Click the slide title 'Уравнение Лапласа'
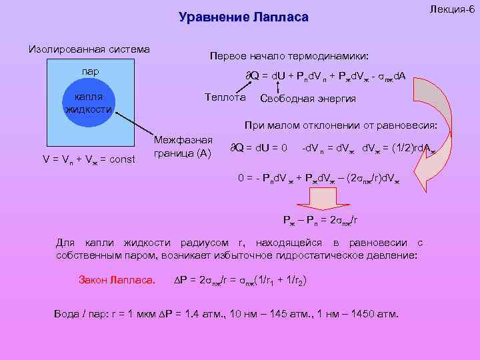(x=243, y=17)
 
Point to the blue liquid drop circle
(x=89, y=107)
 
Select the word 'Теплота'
(x=225, y=97)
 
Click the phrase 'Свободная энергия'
(x=307, y=99)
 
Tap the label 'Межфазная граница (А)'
(x=183, y=147)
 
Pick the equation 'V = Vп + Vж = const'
(x=89, y=159)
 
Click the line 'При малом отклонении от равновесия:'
(x=340, y=125)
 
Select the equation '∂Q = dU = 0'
(x=259, y=147)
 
